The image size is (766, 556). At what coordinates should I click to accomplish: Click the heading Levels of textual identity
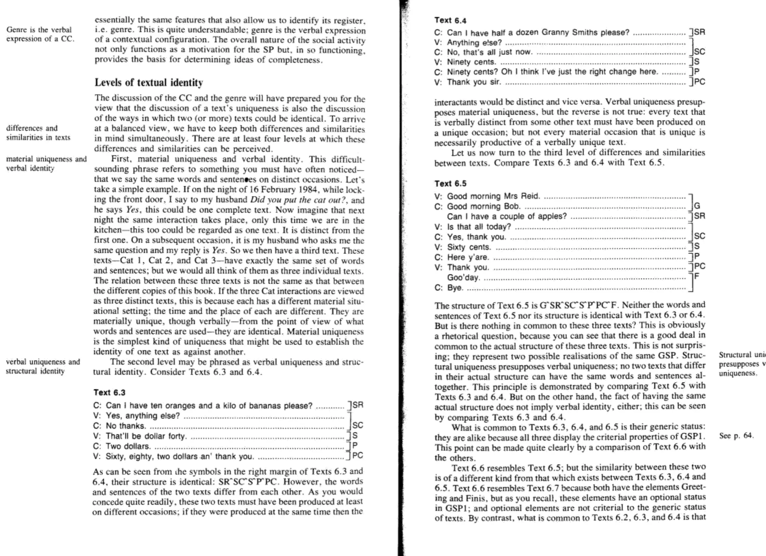(148, 83)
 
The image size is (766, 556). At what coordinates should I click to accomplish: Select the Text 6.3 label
(109, 393)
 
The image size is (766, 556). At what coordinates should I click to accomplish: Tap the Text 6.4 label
(450, 21)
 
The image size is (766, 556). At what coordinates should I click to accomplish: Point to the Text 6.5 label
(450, 184)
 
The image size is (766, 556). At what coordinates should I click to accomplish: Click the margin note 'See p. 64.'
(736, 436)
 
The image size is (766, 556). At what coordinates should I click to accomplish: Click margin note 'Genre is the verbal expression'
(39, 34)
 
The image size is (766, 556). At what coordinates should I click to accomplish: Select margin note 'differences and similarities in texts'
(38, 133)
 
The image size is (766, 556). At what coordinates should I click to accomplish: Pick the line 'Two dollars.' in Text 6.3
(128, 446)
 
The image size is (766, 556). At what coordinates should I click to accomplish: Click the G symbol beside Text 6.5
(697, 206)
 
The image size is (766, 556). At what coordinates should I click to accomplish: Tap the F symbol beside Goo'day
(697, 276)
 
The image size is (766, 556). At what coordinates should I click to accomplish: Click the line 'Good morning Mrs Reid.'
(493, 196)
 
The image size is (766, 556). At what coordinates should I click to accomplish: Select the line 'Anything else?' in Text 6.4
(474, 43)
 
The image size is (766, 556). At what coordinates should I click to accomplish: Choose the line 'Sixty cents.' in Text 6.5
(469, 247)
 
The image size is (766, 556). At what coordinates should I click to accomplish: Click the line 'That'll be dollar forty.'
(145, 436)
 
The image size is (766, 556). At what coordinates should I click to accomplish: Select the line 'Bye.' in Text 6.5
(455, 288)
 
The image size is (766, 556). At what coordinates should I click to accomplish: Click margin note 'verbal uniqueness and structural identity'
(43, 366)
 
